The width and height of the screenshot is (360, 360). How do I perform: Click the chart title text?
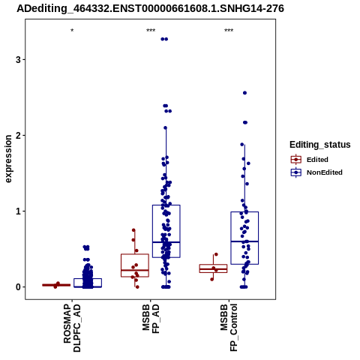click(150, 8)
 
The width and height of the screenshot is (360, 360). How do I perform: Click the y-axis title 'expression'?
click(8, 159)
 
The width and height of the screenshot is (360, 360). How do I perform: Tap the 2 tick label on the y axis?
click(18, 136)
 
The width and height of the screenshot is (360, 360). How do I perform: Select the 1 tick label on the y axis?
click(18, 211)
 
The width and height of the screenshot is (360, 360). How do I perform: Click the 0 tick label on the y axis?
click(18, 287)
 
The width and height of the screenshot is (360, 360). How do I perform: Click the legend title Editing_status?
click(320, 145)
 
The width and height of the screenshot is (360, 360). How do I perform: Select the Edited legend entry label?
click(317, 160)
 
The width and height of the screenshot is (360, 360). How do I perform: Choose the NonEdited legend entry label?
click(325, 172)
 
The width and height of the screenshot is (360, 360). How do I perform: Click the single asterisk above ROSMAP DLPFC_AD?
click(72, 31)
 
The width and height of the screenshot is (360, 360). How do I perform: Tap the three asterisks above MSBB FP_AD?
click(151, 31)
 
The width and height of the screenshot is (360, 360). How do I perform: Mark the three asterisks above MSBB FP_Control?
click(229, 31)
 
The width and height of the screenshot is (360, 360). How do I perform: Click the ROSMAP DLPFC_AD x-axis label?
click(72, 328)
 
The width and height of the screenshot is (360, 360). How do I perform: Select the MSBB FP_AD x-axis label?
click(151, 319)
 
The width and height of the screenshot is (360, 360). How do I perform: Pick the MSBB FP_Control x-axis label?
click(229, 328)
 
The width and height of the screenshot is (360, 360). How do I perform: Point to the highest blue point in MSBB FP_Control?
click(245, 93)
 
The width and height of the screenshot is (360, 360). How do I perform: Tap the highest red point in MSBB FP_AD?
click(133, 230)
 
